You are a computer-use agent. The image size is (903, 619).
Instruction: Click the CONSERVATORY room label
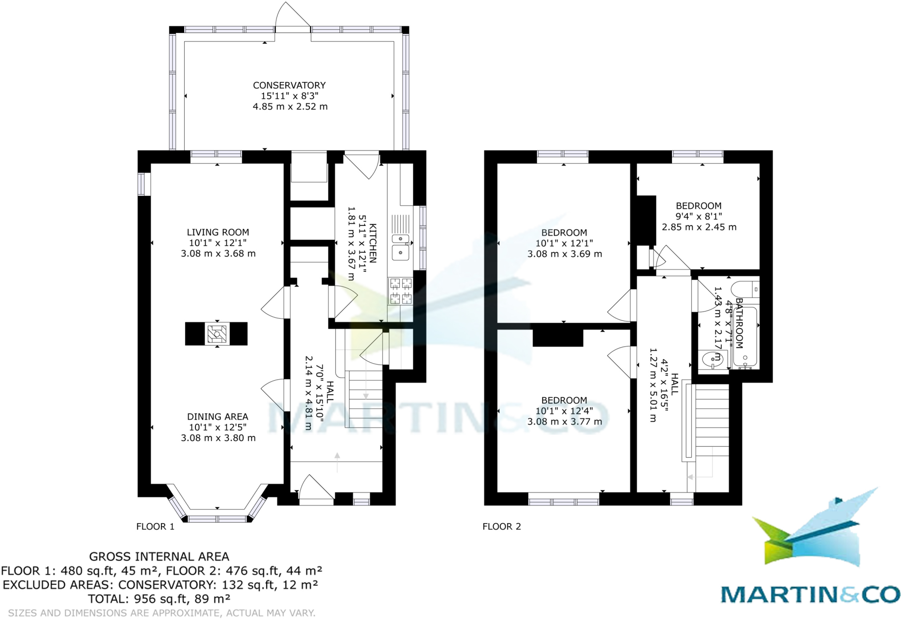(x=289, y=85)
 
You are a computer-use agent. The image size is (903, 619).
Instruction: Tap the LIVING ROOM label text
(x=218, y=232)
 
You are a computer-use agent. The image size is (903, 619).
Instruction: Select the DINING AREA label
(x=218, y=416)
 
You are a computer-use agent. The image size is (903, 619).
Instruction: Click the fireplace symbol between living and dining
(x=216, y=334)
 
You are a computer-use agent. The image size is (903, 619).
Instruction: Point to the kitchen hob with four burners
(x=400, y=291)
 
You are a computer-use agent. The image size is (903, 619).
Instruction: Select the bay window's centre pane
(x=217, y=519)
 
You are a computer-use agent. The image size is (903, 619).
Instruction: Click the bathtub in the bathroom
(x=745, y=338)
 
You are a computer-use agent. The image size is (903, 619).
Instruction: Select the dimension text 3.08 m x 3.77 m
(x=564, y=422)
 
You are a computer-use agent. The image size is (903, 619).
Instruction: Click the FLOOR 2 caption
(x=502, y=526)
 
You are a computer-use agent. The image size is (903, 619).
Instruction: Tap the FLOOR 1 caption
(x=155, y=526)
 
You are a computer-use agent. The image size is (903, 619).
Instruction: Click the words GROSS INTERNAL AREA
(x=159, y=557)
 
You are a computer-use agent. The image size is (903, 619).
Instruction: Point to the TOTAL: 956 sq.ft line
(x=159, y=599)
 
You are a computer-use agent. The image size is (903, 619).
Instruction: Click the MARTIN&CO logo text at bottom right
(x=810, y=595)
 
